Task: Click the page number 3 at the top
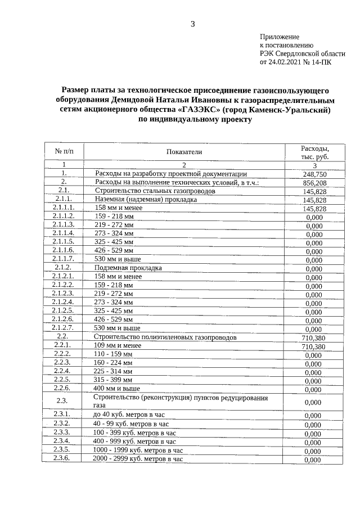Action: pos(192,24)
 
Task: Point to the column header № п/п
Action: pos(64,152)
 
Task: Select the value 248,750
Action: pos(314,175)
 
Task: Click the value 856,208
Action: pos(314,183)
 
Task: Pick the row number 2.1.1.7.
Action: pos(63,259)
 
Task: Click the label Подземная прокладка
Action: pos(129,268)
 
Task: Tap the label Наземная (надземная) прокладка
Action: pos(146,200)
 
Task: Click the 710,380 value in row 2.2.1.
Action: pos(314,347)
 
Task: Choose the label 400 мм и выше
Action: pos(117,389)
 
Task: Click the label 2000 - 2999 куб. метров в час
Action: pos(138,459)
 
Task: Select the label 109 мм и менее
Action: pos(118,346)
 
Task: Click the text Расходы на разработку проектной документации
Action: pos(171,174)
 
